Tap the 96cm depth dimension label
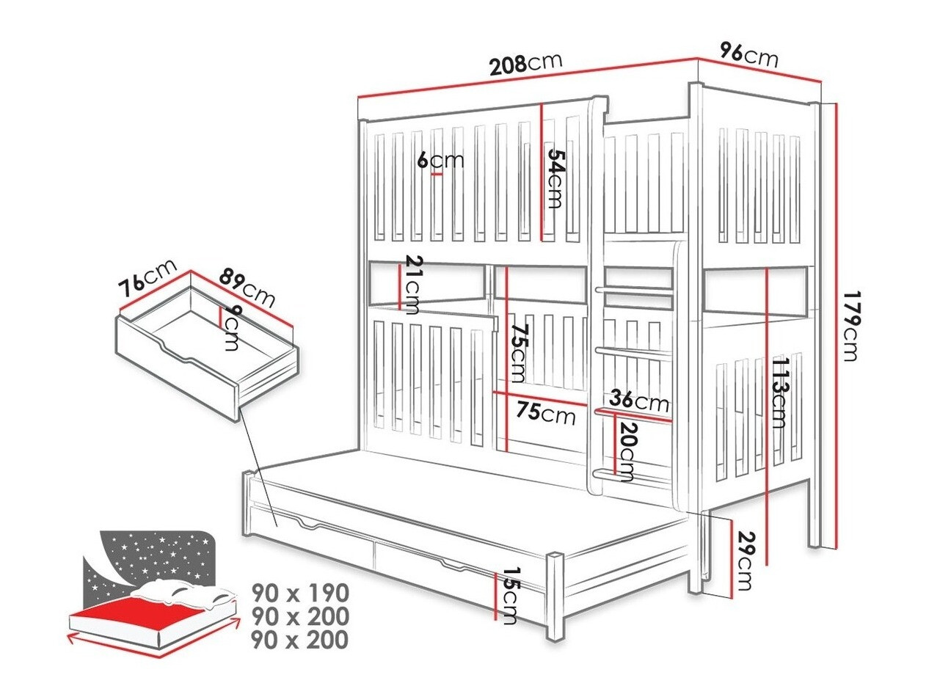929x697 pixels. coord(748,55)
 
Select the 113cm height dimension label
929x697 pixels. coord(780,393)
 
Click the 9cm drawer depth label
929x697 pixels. coord(230,327)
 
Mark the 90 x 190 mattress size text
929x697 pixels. coord(299,592)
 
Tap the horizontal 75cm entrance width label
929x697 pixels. coord(544,415)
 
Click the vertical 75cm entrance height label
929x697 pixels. coord(518,353)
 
